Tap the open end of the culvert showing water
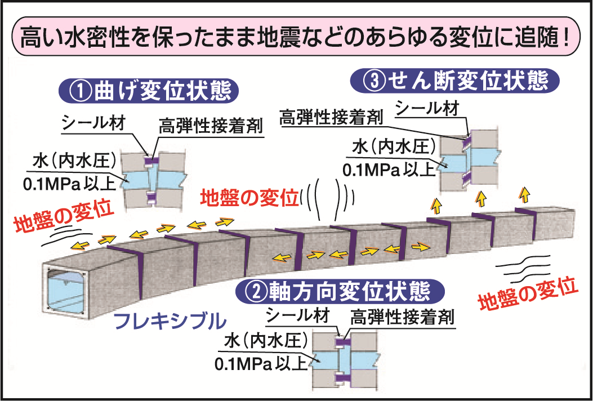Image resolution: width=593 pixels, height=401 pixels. tap(64, 290)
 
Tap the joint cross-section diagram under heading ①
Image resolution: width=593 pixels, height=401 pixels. tap(154, 179)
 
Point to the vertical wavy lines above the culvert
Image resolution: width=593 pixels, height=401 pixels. tap(327, 200)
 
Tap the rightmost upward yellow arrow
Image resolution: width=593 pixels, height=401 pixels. tap(524, 195)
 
